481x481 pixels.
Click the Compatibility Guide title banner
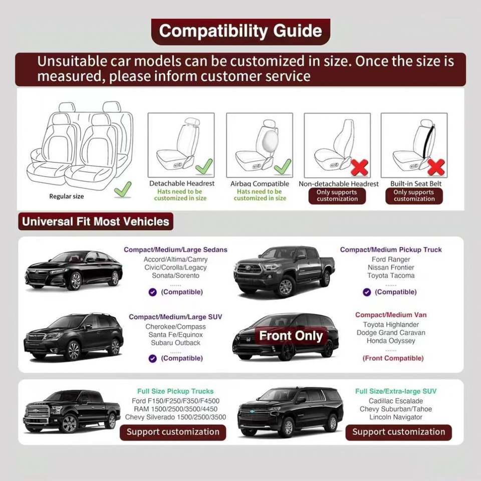241,31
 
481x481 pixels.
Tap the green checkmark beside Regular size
123,189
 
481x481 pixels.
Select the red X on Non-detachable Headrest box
359,167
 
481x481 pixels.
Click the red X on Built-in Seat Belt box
436,167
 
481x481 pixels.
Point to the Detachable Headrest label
181,183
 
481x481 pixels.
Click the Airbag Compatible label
260,184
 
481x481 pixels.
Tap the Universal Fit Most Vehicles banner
96,221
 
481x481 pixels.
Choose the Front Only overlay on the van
291,336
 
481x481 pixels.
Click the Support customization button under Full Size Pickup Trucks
173,432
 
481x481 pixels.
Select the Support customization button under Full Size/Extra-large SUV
398,432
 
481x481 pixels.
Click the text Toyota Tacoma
391,276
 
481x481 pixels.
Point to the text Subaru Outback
175,343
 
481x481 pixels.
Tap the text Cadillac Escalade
396,401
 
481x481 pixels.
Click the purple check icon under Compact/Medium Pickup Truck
367,292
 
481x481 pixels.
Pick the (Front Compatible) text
393,358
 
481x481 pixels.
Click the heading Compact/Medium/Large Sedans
175,250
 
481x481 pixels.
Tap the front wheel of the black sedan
75,281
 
